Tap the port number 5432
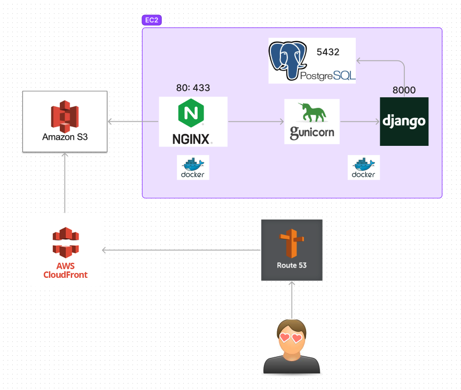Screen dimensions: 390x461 pos(328,52)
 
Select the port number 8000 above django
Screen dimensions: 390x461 pos(404,90)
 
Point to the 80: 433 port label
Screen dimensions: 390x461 pos(193,88)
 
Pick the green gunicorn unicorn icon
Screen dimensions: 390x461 pos(312,113)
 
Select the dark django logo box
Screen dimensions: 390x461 pos(404,121)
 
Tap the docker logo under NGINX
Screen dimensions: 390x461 pos(193,167)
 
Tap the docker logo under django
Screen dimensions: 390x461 pos(364,167)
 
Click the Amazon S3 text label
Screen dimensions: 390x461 pos(65,137)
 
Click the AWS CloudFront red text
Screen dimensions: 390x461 pos(65,270)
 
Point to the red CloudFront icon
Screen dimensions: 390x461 pos(65,242)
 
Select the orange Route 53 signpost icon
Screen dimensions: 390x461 pos(291,243)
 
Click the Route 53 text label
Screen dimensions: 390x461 pos(292,265)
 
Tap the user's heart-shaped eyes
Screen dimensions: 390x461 pos(291,338)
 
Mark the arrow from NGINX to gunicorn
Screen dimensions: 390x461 pos(256,122)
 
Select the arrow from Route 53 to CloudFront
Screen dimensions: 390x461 pos(182,250)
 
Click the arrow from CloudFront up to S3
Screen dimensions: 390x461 pos(65,182)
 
